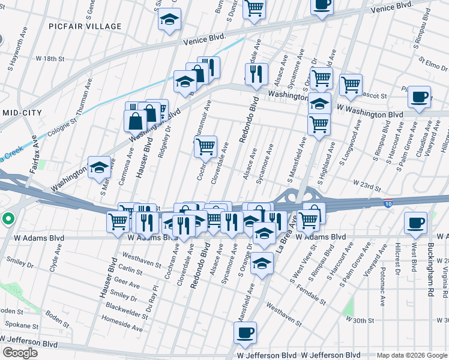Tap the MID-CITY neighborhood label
pos(20,113)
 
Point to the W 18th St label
pos(50,59)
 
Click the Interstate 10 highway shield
pos(388,203)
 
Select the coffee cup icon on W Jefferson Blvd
pos(244,333)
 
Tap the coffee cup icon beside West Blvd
pos(415,223)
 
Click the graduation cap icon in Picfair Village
pos(169,20)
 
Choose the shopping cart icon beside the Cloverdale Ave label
pos(205,146)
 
